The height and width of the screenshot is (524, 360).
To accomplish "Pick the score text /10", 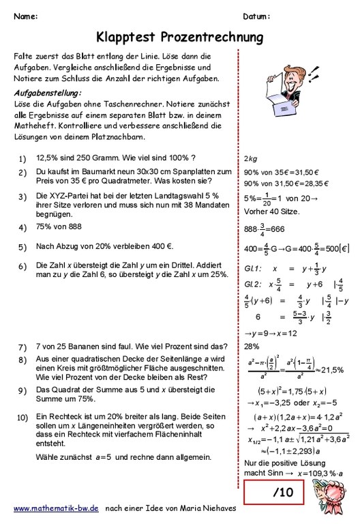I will coord(283,492).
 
